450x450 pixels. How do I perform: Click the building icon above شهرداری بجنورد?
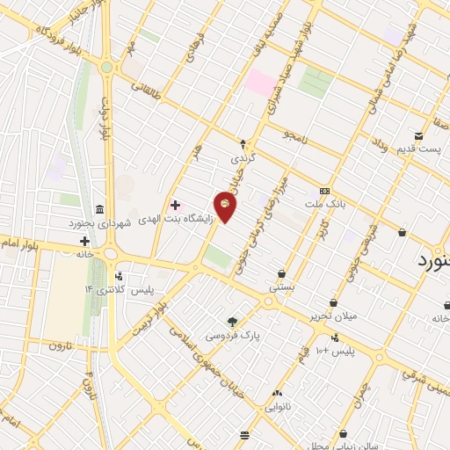(x=99, y=210)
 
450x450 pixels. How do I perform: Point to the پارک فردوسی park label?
(x=233, y=336)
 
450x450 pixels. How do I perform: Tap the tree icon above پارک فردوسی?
(x=233, y=322)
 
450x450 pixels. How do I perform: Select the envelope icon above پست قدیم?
(x=418, y=136)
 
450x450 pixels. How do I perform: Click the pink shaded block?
(x=260, y=84)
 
